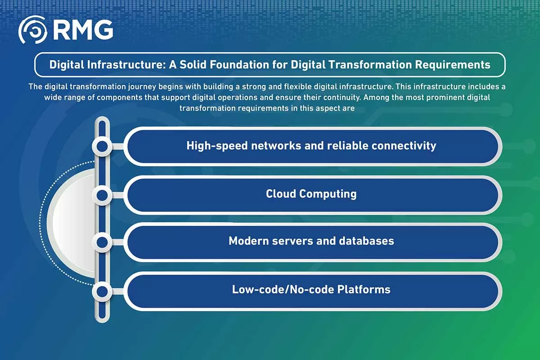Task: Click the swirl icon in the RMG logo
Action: click(x=32, y=30)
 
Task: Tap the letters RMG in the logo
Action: click(x=83, y=30)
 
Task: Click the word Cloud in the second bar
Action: click(x=281, y=194)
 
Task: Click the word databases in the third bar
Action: click(x=365, y=241)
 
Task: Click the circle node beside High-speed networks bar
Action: click(x=102, y=146)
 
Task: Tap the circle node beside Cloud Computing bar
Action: click(x=102, y=195)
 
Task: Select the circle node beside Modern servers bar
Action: click(x=102, y=243)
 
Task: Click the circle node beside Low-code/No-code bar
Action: click(x=102, y=291)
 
